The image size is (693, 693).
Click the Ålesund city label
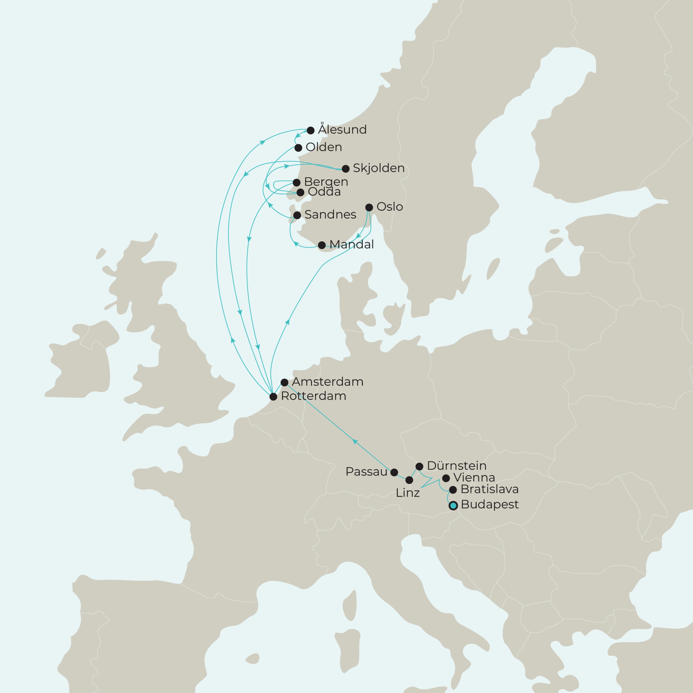[342, 129]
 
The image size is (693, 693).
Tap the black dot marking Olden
[298, 148]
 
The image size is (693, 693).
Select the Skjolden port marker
[345, 169]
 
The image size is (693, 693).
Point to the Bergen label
[326, 182]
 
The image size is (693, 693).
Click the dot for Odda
[300, 193]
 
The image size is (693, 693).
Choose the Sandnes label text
[330, 214]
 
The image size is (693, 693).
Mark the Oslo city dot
[369, 207]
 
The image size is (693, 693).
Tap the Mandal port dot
[322, 245]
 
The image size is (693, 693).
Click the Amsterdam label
[328, 382]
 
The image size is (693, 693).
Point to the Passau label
[366, 472]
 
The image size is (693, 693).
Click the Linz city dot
[409, 480]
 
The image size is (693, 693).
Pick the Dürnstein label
[457, 466]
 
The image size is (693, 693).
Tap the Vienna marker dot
[446, 478]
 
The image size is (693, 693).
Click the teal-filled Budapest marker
[453, 506]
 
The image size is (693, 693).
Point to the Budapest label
[490, 504]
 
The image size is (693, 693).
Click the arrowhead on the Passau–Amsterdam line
[355, 441]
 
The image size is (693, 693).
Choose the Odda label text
[324, 192]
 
